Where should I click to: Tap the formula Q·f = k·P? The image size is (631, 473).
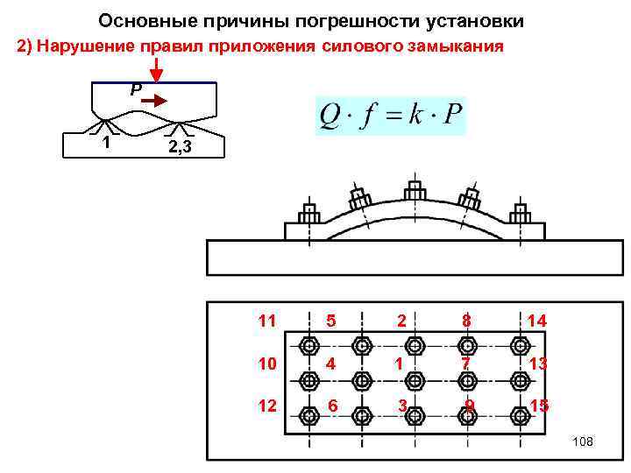pos(391,116)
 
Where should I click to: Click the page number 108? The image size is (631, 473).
pos(582,441)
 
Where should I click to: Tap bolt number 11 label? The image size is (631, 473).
pos(267,321)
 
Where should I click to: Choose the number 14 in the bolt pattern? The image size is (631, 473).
pos(536,321)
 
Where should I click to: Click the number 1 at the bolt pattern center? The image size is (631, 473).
pos(400,362)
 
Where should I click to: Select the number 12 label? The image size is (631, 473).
pos(267,405)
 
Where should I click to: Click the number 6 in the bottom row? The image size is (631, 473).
pos(332,405)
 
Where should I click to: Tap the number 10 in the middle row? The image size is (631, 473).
pos(267,362)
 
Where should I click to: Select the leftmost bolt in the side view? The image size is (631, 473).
pos(308,213)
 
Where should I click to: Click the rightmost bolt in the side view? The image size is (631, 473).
pos(521,213)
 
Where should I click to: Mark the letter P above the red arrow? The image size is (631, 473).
pos(135,90)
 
